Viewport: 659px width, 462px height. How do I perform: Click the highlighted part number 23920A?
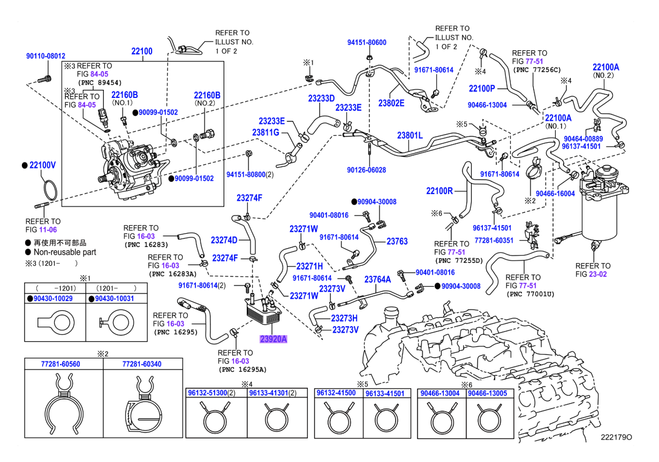273,338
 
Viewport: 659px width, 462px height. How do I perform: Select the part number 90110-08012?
46,56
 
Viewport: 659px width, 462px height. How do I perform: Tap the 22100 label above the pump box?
142,51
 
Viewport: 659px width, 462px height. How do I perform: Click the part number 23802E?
391,103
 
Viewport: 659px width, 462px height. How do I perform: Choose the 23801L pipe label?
410,136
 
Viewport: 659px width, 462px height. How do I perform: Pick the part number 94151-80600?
367,42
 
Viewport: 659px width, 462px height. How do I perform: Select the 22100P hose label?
482,88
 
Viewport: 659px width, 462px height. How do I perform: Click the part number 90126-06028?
366,170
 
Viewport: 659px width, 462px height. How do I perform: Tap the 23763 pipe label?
397,241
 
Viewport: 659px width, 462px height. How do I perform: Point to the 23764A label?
377,279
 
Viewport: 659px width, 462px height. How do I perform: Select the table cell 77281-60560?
60,364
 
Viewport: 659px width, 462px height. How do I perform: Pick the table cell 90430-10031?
115,298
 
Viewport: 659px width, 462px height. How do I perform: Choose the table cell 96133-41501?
384,393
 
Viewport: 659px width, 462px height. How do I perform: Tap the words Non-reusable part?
65,252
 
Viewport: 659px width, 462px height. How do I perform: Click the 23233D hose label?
321,98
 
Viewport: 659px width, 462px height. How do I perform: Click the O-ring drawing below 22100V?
49,191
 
